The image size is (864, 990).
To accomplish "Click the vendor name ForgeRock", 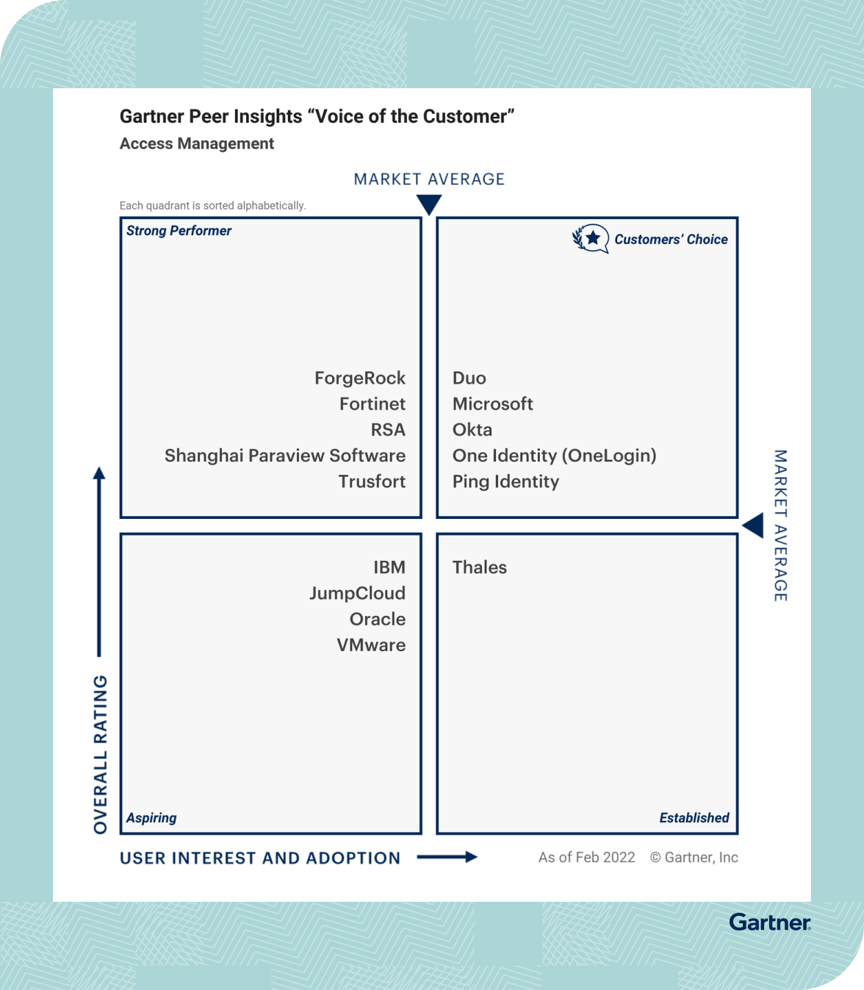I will point(359,378).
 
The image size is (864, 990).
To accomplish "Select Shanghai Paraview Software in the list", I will point(284,456).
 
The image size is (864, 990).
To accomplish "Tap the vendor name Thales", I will point(479,567).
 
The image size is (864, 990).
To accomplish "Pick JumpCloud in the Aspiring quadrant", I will point(357,593).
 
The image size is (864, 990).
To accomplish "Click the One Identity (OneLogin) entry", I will point(554,456).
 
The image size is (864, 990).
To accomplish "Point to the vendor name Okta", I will point(472,430).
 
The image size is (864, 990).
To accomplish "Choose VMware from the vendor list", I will point(371,645).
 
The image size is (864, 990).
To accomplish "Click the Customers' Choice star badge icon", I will point(591,239).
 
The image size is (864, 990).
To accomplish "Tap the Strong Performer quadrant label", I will point(179,231).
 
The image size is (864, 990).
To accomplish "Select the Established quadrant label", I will point(694,818).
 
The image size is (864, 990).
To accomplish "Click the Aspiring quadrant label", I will point(151,818).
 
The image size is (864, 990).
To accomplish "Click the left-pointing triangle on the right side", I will point(753,526).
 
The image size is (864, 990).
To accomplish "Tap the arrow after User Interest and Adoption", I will point(447,857).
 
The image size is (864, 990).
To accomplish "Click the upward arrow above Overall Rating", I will point(99,559).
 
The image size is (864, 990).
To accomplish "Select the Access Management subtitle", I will point(197,144).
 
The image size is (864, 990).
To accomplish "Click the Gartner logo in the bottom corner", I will point(769,922).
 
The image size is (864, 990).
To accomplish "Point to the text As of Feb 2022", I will point(586,858).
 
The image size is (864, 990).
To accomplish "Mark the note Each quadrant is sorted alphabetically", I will point(212,206).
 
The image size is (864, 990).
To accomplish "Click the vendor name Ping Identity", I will point(505,481).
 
